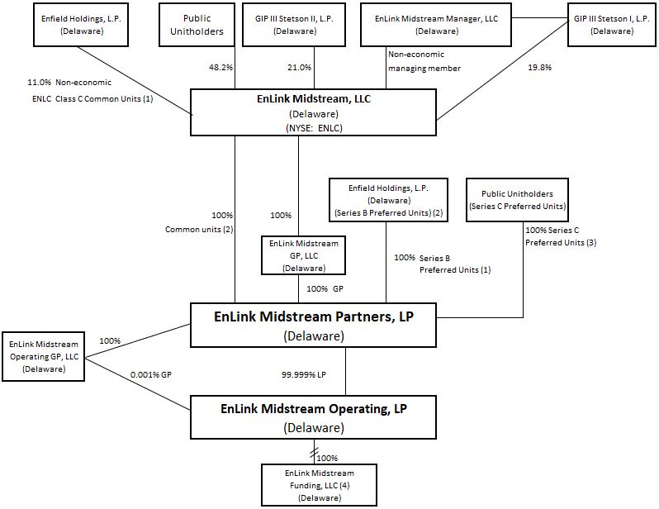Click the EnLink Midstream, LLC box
312,112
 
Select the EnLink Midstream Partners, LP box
312,325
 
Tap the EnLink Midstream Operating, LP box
314,416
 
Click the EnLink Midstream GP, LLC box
299,255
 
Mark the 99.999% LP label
305,375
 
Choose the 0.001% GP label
150,374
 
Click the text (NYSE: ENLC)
312,127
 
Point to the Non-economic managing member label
424,61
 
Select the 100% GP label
324,289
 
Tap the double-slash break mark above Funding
312,454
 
